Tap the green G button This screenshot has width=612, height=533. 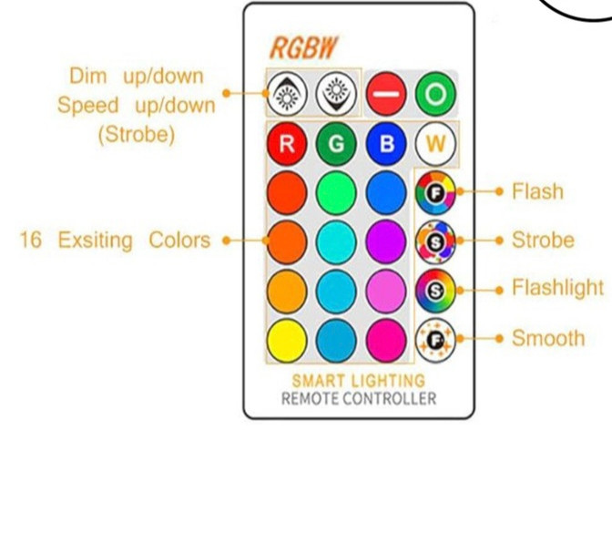tap(336, 144)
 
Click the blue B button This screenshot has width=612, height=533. tap(386, 144)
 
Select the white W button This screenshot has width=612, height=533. tap(435, 144)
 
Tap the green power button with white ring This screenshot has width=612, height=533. tap(435, 94)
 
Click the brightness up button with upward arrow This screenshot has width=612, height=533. tap(287, 94)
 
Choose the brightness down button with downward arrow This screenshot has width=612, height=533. tap(336, 94)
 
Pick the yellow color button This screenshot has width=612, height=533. tap(287, 341)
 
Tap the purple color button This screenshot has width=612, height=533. tap(386, 241)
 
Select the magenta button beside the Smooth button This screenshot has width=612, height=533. tap(386, 341)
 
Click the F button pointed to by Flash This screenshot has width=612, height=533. tap(435, 192)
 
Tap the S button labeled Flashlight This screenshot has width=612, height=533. tap(435, 291)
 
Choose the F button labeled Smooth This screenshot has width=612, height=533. tap(435, 341)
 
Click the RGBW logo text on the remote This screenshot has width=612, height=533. tap(303, 48)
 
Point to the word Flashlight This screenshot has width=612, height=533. tap(557, 288)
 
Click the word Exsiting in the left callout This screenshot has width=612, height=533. tap(96, 241)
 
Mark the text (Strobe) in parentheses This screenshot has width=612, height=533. tap(137, 135)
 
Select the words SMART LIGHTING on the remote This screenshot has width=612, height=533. tap(358, 381)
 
